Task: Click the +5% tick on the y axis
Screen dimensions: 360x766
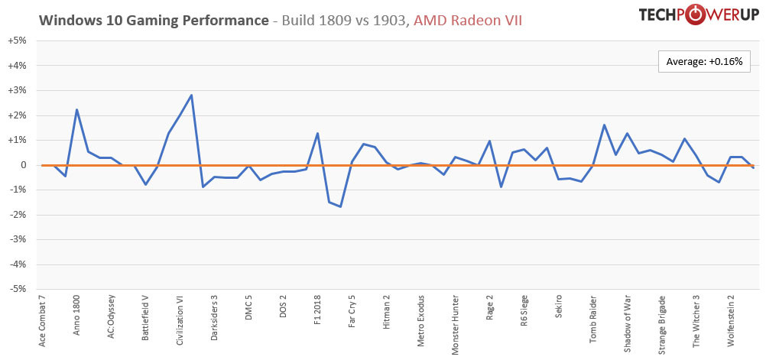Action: point(17,41)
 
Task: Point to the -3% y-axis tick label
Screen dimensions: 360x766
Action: point(17,240)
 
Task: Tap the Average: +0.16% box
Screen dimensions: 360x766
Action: point(703,61)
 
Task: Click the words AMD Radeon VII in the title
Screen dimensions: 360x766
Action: point(468,21)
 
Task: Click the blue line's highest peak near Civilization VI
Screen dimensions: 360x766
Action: point(191,95)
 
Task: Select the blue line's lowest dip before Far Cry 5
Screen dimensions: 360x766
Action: point(340,206)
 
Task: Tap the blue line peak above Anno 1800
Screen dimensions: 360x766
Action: point(76,109)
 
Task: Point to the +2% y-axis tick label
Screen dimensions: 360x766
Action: point(17,115)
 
